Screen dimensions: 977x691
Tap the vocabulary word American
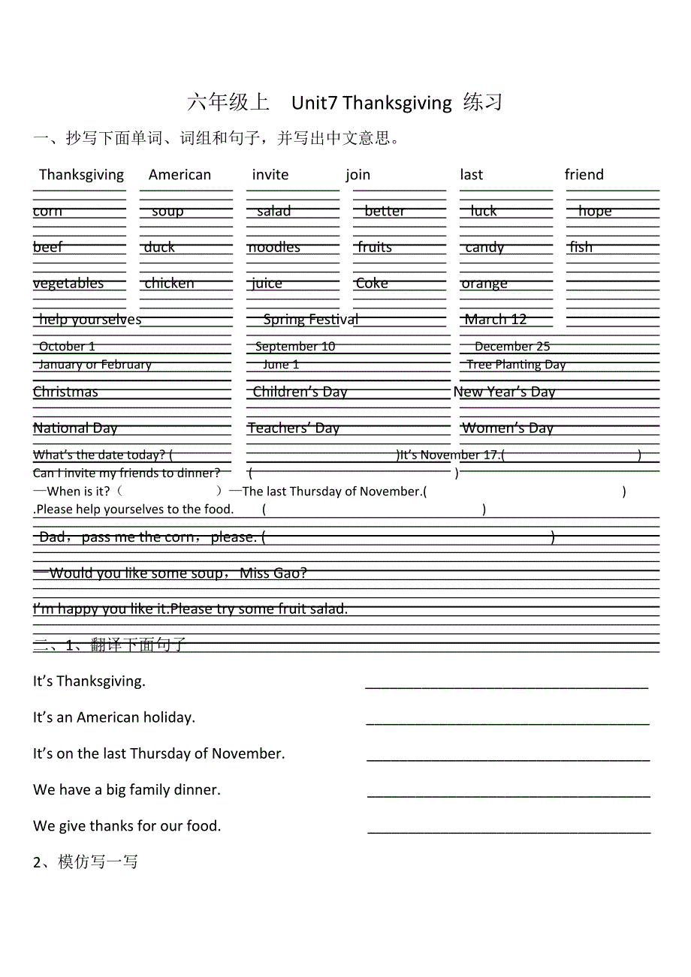(x=180, y=175)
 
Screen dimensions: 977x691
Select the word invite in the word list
(x=270, y=175)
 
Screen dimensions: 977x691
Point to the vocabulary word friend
(x=584, y=175)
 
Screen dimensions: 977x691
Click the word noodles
(x=274, y=248)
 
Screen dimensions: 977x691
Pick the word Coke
(x=372, y=284)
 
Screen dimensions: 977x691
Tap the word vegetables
(x=68, y=284)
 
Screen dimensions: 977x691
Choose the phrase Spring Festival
(x=310, y=320)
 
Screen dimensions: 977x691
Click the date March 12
(x=495, y=320)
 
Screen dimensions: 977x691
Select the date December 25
(x=512, y=347)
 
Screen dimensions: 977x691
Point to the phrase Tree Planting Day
(x=516, y=365)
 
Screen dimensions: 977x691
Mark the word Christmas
(x=65, y=392)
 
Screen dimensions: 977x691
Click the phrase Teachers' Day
(x=294, y=428)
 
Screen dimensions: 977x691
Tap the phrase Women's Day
(x=508, y=428)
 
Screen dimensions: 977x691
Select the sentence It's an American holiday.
(x=114, y=717)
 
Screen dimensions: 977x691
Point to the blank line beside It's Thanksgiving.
(x=506, y=685)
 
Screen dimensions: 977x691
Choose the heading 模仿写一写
(x=86, y=862)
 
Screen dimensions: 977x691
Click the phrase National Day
(x=75, y=428)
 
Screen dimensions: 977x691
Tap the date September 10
(x=295, y=347)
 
